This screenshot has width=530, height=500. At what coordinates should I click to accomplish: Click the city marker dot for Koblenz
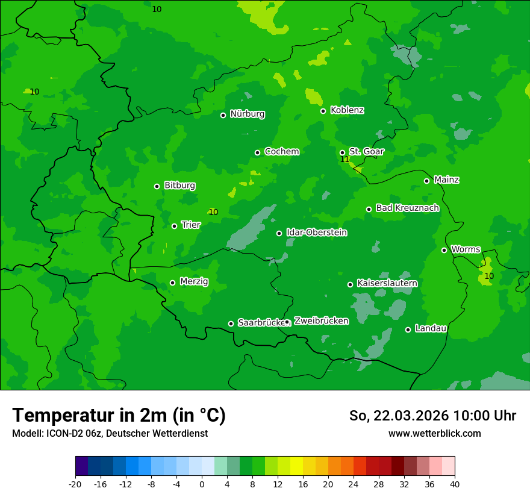[x=323, y=111]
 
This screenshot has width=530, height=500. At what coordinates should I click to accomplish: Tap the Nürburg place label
[x=247, y=114]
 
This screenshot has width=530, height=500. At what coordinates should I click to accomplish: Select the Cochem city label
[x=281, y=151]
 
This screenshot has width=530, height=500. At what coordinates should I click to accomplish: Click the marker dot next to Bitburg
[x=157, y=186]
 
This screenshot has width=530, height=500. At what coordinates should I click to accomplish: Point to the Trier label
[x=191, y=225]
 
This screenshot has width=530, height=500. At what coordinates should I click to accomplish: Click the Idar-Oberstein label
[x=316, y=232]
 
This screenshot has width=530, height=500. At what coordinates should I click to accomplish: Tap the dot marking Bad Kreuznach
[x=369, y=209]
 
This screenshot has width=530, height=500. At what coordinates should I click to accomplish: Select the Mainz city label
[x=446, y=180]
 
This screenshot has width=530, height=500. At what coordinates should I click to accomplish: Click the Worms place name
[x=466, y=249]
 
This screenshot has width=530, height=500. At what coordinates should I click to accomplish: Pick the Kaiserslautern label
[x=387, y=283]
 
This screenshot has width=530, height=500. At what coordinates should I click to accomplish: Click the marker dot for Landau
[x=408, y=330]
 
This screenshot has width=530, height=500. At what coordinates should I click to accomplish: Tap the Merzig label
[x=194, y=281]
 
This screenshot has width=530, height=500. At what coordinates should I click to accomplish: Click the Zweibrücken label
[x=321, y=320]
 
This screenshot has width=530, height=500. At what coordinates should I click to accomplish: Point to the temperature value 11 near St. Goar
[x=344, y=160]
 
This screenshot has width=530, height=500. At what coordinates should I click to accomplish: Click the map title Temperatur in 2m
[x=119, y=415]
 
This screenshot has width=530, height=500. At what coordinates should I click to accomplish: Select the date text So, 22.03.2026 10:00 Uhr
[x=432, y=416]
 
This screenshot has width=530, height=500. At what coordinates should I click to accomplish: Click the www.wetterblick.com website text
[x=434, y=433]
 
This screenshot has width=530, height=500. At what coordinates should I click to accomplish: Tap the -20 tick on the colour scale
[x=75, y=484]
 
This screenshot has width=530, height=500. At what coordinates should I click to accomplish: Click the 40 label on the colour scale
[x=455, y=484]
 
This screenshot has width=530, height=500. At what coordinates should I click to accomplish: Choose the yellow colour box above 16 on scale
[x=296, y=466]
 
